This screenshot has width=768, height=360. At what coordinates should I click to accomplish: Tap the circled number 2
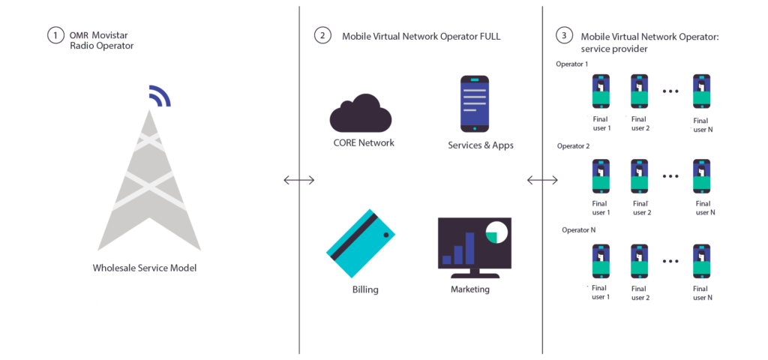coord(322,35)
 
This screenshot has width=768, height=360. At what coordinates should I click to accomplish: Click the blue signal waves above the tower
coord(159,96)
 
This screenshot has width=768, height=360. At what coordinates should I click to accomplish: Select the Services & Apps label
coord(481,145)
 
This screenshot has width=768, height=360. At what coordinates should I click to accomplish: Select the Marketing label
coord(470,289)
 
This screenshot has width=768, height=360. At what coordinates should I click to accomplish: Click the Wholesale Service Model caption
coord(144,267)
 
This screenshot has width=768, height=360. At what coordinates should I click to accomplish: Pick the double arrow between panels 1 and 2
coord(298,180)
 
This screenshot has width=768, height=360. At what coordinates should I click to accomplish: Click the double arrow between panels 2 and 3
coord(542,180)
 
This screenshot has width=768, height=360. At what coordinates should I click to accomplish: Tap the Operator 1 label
coord(571,64)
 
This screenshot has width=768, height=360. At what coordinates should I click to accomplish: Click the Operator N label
coord(578,229)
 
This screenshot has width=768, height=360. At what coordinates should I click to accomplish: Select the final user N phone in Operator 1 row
coord(701,91)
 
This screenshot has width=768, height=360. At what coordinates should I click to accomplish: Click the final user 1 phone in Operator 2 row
coord(601,177)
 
